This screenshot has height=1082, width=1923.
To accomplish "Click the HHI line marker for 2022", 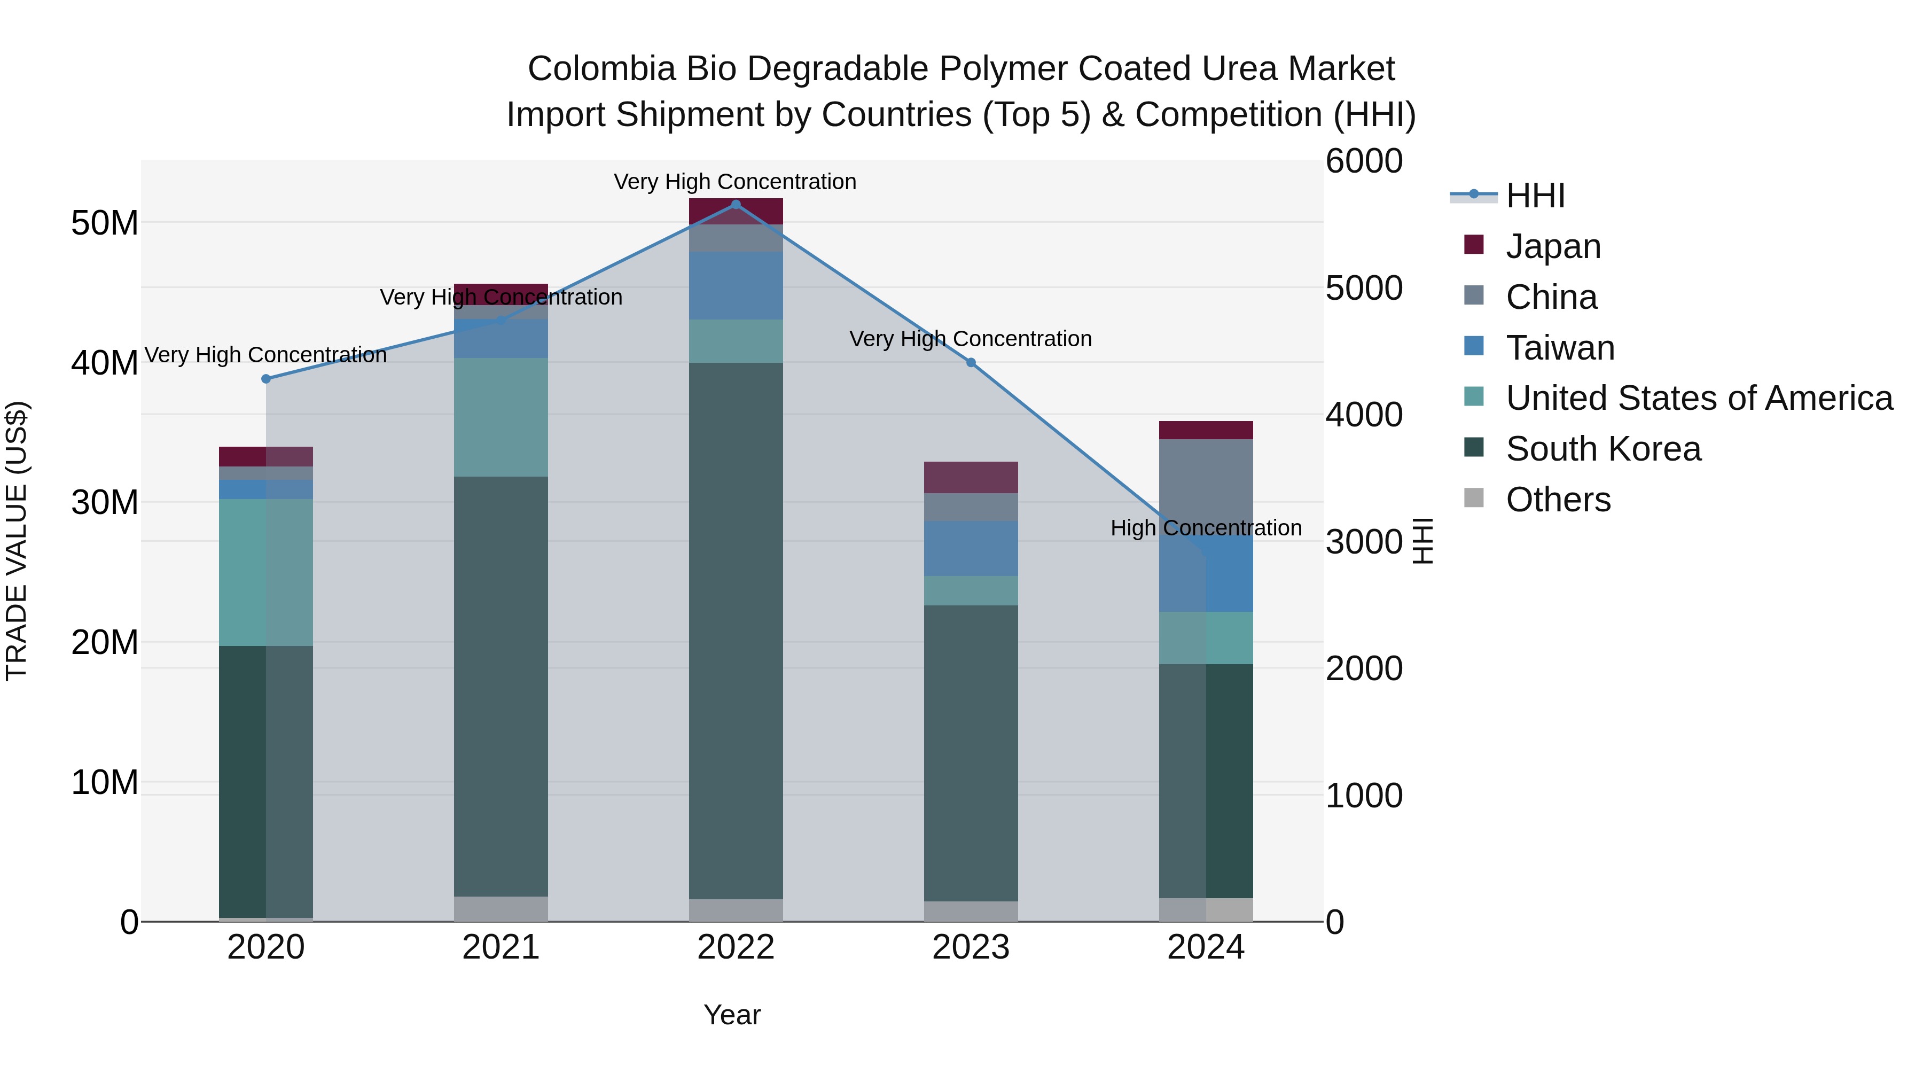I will click(736, 205).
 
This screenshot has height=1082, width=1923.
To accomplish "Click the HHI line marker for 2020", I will click(266, 379).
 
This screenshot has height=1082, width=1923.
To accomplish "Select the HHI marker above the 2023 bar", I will click(971, 362).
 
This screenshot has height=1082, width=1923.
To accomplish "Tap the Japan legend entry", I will click(1553, 246).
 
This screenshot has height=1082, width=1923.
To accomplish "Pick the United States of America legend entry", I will click(1698, 398).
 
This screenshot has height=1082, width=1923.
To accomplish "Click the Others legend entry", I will click(1558, 500).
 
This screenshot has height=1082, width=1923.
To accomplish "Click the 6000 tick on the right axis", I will click(1364, 161).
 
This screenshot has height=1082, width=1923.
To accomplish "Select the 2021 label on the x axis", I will click(501, 947).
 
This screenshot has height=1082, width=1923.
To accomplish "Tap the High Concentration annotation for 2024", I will click(1206, 528).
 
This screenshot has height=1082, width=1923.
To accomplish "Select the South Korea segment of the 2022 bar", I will click(736, 631).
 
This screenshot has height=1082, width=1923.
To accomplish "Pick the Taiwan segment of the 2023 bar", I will click(971, 548).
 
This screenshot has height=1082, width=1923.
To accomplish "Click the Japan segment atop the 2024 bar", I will click(1206, 430).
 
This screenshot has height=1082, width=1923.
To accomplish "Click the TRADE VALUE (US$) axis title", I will click(17, 541).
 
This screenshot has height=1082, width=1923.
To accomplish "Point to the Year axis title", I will click(732, 1015).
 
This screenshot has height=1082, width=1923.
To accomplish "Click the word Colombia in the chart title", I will click(601, 69).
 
